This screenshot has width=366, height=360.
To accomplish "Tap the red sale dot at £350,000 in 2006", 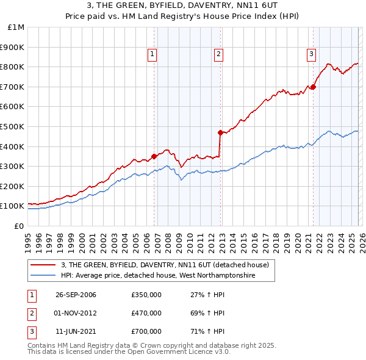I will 154,156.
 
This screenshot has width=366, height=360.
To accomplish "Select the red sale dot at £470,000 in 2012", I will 220,132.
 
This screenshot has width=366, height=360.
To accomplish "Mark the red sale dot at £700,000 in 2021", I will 313,87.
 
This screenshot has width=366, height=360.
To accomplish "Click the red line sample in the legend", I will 43,264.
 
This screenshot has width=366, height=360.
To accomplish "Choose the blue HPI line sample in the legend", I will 43,276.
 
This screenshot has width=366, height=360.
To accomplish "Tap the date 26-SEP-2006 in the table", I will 76,295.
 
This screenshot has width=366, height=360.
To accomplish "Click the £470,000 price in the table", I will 146,313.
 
